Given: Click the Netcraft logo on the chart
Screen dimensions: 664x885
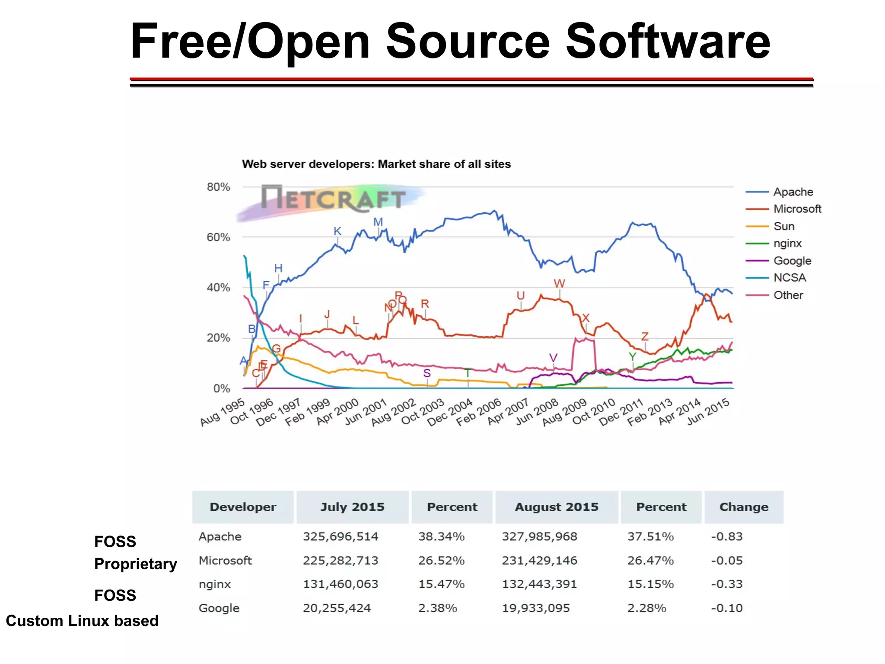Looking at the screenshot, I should (x=333, y=199).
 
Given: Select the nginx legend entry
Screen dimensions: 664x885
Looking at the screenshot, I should (x=787, y=244).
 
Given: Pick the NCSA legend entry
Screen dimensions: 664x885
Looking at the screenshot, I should (x=789, y=278).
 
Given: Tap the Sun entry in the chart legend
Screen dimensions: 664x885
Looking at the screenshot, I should (x=783, y=226).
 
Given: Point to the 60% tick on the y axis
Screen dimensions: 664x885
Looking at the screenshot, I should (x=218, y=237).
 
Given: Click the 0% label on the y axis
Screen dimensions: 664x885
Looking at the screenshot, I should (x=222, y=388).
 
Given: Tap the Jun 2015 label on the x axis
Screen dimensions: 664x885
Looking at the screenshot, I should (x=708, y=411).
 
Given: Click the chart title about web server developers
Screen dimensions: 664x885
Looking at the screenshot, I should (x=376, y=164).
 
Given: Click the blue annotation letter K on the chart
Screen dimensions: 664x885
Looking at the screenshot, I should (x=337, y=231).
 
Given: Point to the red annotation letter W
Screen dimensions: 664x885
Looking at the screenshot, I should (x=559, y=283).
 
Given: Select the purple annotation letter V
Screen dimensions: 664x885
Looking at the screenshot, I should (x=553, y=358).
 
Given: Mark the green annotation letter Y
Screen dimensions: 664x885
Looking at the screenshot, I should (x=633, y=357).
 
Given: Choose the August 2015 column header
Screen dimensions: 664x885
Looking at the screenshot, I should (x=557, y=507).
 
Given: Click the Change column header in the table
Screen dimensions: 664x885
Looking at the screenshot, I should (x=744, y=507).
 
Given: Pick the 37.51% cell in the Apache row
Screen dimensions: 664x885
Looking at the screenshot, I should (x=650, y=536).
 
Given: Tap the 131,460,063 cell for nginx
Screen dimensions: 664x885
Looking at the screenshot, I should (x=341, y=584).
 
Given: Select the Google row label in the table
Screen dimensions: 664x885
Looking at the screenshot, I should (x=219, y=608).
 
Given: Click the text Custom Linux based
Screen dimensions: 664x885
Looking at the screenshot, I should (x=82, y=621).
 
